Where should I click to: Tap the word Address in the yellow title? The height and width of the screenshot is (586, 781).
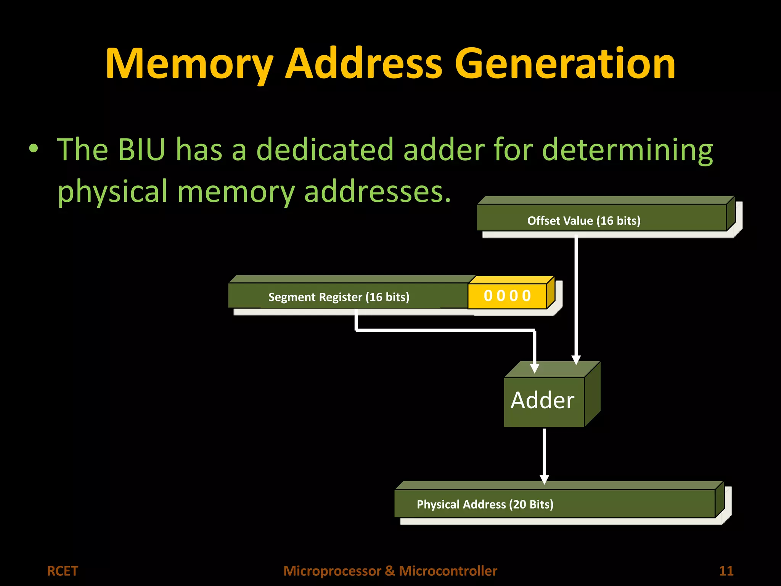[x=363, y=64]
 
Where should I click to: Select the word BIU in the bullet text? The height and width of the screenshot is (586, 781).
[x=141, y=150]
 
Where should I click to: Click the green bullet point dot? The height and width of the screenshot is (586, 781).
[x=34, y=149]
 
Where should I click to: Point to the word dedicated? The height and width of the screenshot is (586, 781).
[x=324, y=150]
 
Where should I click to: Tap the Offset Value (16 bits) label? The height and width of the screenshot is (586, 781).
[x=583, y=221]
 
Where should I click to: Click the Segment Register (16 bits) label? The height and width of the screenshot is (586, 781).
[x=339, y=297]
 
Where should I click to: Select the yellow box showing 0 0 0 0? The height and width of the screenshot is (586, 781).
[x=507, y=296]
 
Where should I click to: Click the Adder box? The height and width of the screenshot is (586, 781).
[x=543, y=401]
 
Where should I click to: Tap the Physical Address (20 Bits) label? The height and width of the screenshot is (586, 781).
[x=485, y=504]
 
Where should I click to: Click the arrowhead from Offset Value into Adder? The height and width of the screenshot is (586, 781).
[x=576, y=360]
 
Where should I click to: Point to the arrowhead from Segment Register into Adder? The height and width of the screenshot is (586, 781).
[x=535, y=368]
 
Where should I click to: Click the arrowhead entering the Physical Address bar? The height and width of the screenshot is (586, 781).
[x=545, y=479]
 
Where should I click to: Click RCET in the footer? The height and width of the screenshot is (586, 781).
[x=62, y=571]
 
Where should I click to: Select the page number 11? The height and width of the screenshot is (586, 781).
[x=726, y=571]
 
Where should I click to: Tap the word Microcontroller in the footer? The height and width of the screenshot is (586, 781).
[x=448, y=571]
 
